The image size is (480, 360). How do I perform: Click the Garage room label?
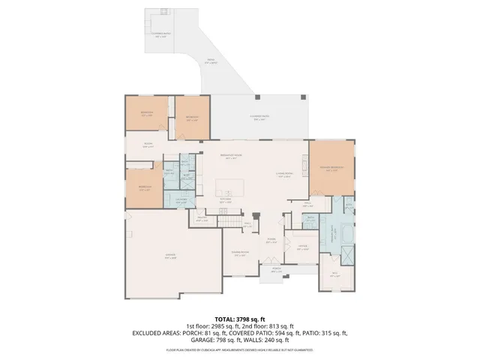[170, 256]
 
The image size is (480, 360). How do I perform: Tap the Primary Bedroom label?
[331, 168]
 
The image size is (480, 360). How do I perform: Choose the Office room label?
[301, 247]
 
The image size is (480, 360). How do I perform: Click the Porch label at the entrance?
[276, 268]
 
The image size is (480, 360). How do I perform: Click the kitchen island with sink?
[230, 187]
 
